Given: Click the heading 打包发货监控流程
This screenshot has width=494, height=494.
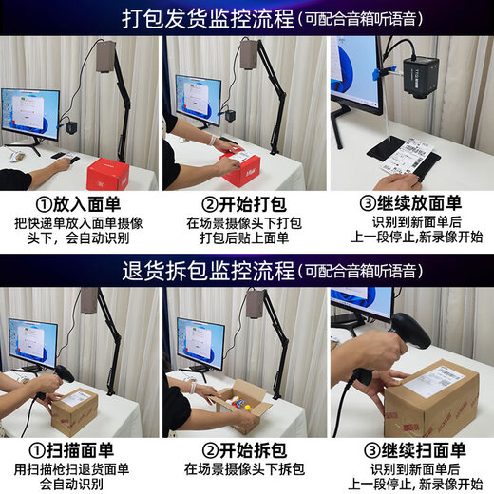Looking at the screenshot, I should pyautogui.click(x=206, y=19).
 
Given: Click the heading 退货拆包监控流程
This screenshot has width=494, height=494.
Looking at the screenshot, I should pyautogui.click(x=206, y=272).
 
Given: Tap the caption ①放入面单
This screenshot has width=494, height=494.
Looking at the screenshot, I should pyautogui.click(x=81, y=205).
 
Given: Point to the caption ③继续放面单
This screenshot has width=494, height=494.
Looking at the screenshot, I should pyautogui.click(x=410, y=205).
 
